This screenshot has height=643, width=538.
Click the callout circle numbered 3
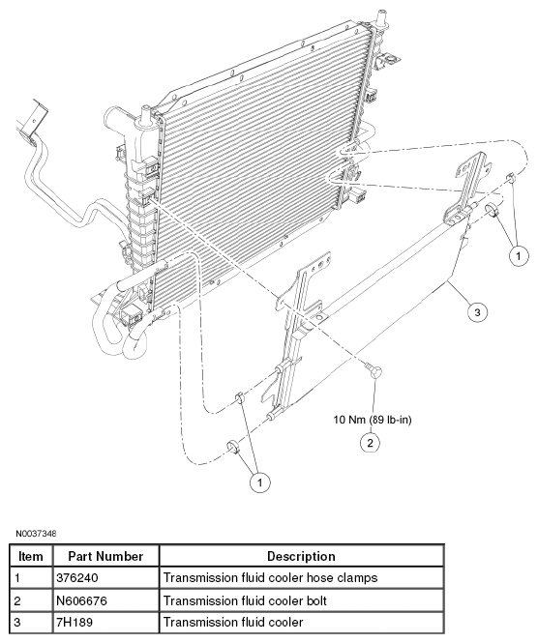[477, 312]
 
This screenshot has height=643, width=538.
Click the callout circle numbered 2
[371, 443]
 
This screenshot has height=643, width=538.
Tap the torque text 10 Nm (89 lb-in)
[373, 420]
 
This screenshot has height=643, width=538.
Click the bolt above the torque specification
[374, 371]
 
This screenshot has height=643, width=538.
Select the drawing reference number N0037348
[36, 534]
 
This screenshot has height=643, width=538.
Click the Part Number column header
[105, 556]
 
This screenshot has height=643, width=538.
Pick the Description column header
[302, 556]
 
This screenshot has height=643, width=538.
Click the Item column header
[31, 556]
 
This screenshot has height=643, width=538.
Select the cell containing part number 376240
[105, 578]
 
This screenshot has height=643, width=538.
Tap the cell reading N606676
[105, 600]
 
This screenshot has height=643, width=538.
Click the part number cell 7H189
[105, 623]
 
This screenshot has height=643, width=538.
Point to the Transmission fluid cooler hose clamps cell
[302, 578]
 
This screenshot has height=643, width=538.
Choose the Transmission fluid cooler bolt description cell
[302, 600]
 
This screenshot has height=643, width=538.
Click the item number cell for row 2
[31, 600]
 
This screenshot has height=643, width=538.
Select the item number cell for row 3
[31, 623]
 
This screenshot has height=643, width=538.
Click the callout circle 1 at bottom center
[259, 482]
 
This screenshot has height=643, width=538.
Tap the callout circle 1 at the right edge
[519, 256]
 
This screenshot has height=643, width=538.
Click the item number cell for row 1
[31, 578]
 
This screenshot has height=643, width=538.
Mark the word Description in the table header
[301, 557]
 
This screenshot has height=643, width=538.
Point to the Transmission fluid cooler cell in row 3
[302, 623]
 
